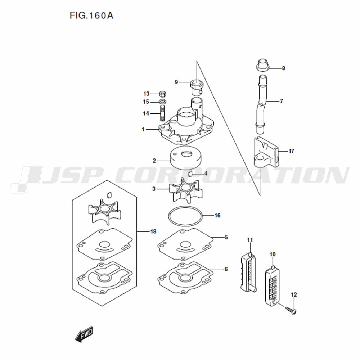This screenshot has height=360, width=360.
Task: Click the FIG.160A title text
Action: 91,15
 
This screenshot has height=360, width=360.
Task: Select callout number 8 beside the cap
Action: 284,68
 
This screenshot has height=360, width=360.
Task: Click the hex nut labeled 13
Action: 163,94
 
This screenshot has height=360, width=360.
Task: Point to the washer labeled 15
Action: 163,102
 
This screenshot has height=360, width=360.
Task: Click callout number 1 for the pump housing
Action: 143,130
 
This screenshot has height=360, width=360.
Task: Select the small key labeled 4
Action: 190,174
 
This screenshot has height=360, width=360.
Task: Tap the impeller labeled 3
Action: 186,190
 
